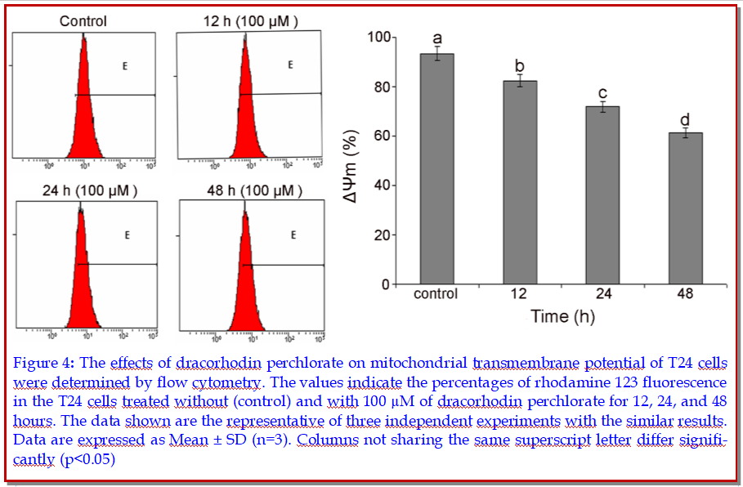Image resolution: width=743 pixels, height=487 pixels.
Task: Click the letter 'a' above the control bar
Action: (x=437, y=38)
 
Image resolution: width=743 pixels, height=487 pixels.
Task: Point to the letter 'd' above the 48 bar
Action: (x=685, y=120)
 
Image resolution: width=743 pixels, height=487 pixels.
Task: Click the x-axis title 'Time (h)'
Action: (x=562, y=316)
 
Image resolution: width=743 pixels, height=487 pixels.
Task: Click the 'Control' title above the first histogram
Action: (x=83, y=21)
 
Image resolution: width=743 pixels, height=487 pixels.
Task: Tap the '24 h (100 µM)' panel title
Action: (x=78, y=192)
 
